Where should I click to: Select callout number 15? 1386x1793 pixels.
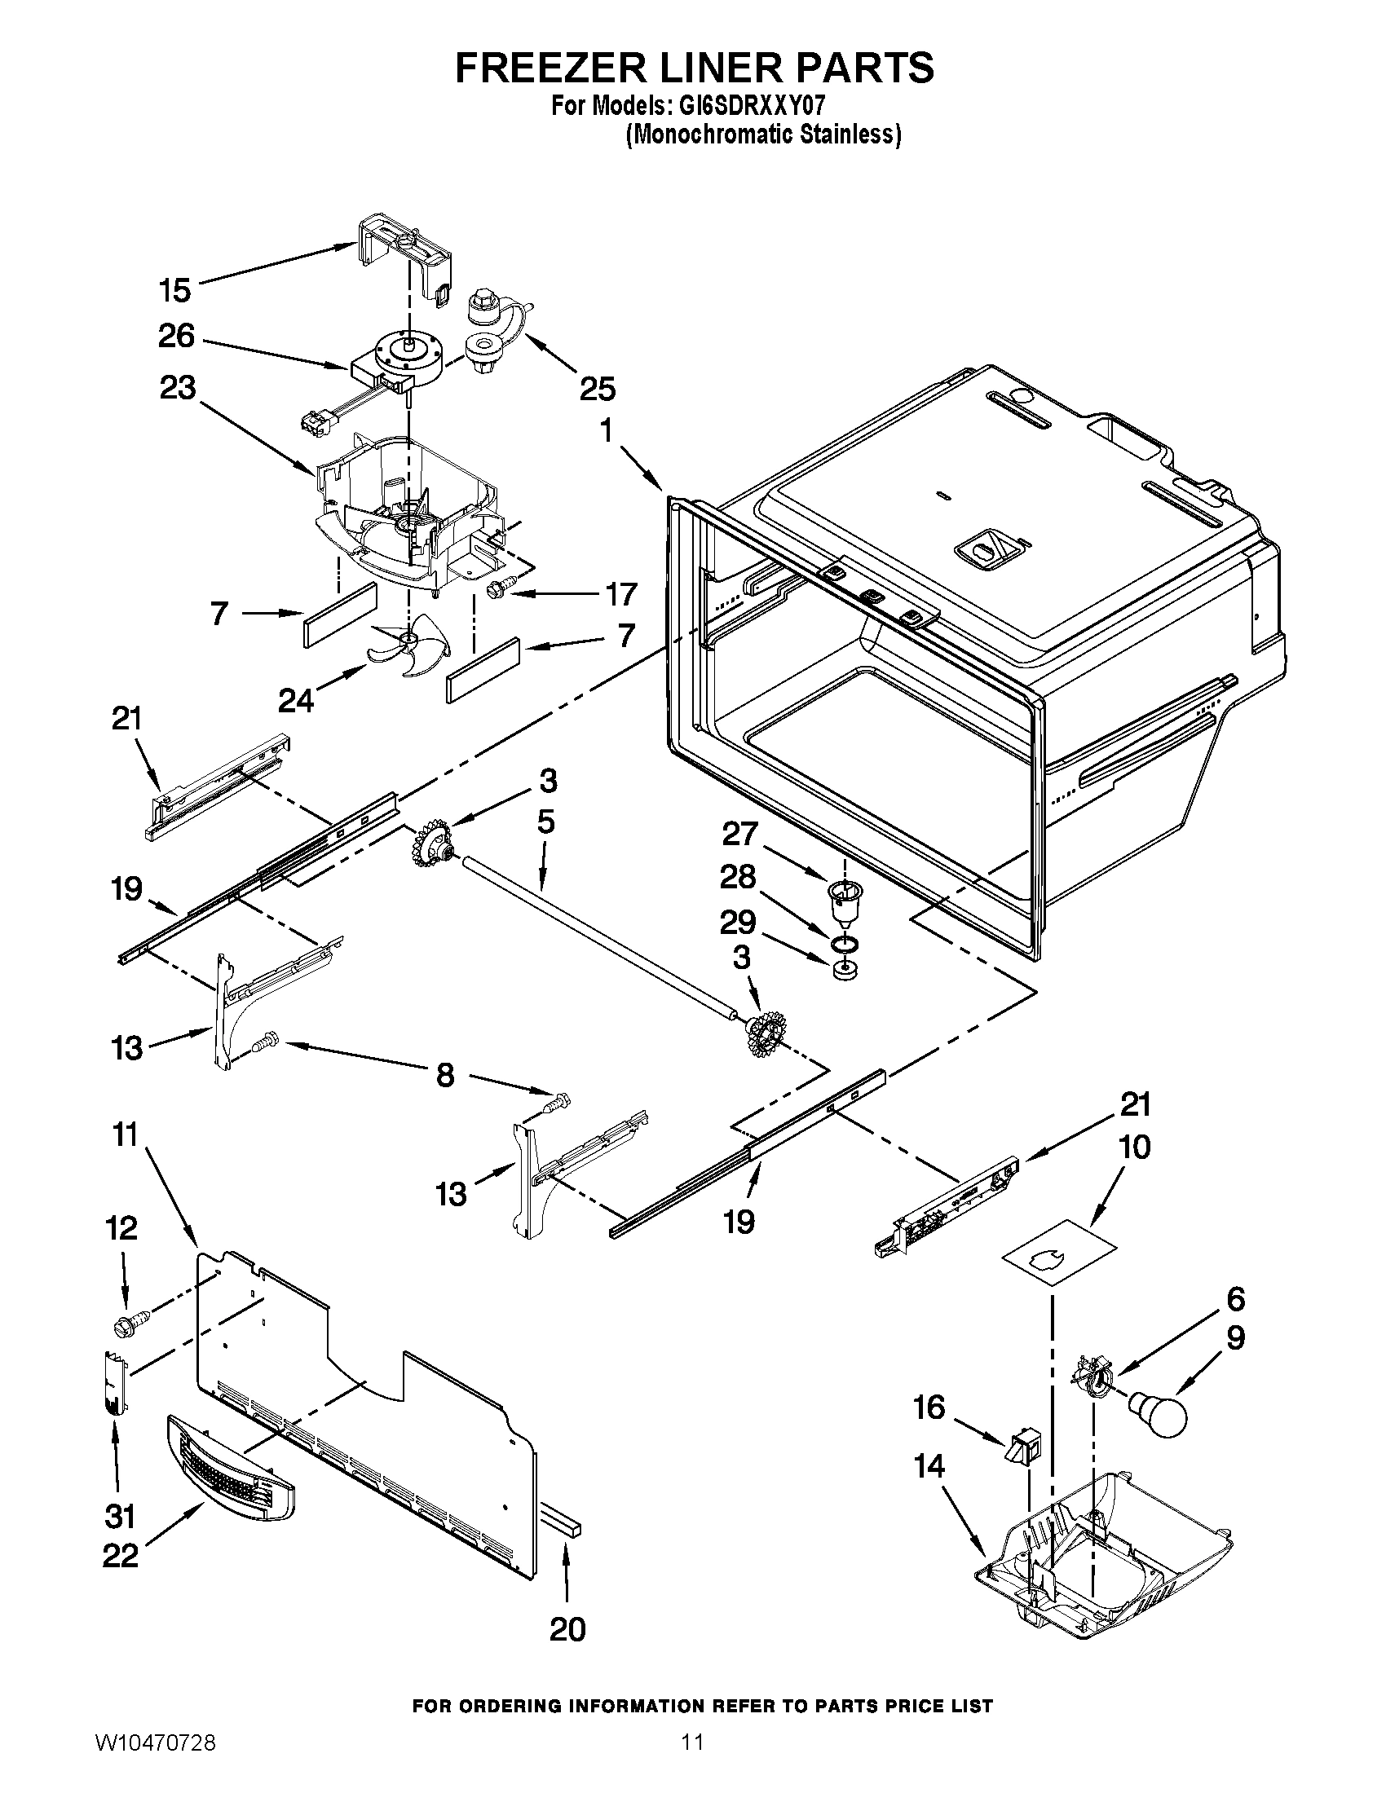[x=175, y=290]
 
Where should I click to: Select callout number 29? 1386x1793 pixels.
[x=737, y=923]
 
